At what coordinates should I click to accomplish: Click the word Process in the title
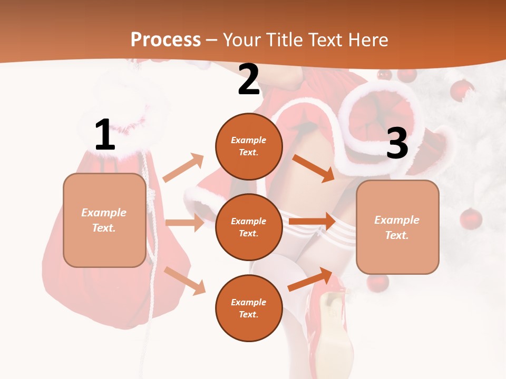coord(166,39)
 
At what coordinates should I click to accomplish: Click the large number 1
coord(105,135)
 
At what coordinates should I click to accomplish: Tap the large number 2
coord(249,79)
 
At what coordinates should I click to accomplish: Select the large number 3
coord(397,143)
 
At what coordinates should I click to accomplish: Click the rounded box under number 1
coord(104,220)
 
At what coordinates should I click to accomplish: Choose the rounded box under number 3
coord(397,227)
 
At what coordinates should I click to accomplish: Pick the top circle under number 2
coord(249,146)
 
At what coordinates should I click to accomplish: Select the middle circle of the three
coord(249,227)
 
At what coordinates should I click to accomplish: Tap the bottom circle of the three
coord(249,308)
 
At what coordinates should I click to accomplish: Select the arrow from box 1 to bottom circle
coord(184,281)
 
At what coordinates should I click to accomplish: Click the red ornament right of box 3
coord(471,218)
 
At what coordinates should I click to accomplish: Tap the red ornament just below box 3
coord(377,283)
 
